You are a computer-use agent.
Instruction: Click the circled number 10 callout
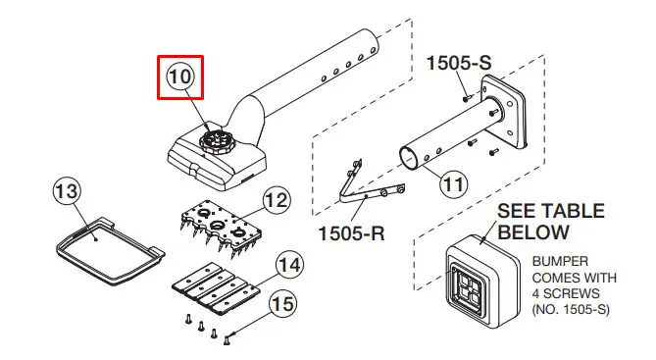pyautogui.click(x=179, y=77)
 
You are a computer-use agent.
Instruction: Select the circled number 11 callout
pyautogui.click(x=453, y=183)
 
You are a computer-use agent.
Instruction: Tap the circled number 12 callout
pyautogui.click(x=277, y=200)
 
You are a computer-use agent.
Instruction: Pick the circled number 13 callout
pyautogui.click(x=67, y=191)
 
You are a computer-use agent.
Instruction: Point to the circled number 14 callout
pyautogui.click(x=289, y=266)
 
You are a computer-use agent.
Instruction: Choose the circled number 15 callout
pyautogui.click(x=282, y=304)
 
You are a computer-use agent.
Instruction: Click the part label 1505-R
pyautogui.click(x=351, y=233)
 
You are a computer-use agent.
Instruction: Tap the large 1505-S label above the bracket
pyautogui.click(x=459, y=63)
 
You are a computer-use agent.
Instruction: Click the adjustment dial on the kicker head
pyautogui.click(x=217, y=142)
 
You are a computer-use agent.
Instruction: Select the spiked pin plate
pyautogui.click(x=221, y=227)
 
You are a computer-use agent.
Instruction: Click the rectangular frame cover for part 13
pyautogui.click(x=110, y=250)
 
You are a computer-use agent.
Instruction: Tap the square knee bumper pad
pyautogui.click(x=482, y=281)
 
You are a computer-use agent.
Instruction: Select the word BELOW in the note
pyautogui.click(x=533, y=232)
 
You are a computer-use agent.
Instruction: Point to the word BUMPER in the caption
pyautogui.click(x=560, y=262)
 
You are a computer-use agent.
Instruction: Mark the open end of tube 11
pyautogui.click(x=409, y=158)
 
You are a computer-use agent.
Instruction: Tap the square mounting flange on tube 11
pyautogui.click(x=504, y=111)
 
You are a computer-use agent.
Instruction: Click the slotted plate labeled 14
pyautogui.click(x=215, y=288)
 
